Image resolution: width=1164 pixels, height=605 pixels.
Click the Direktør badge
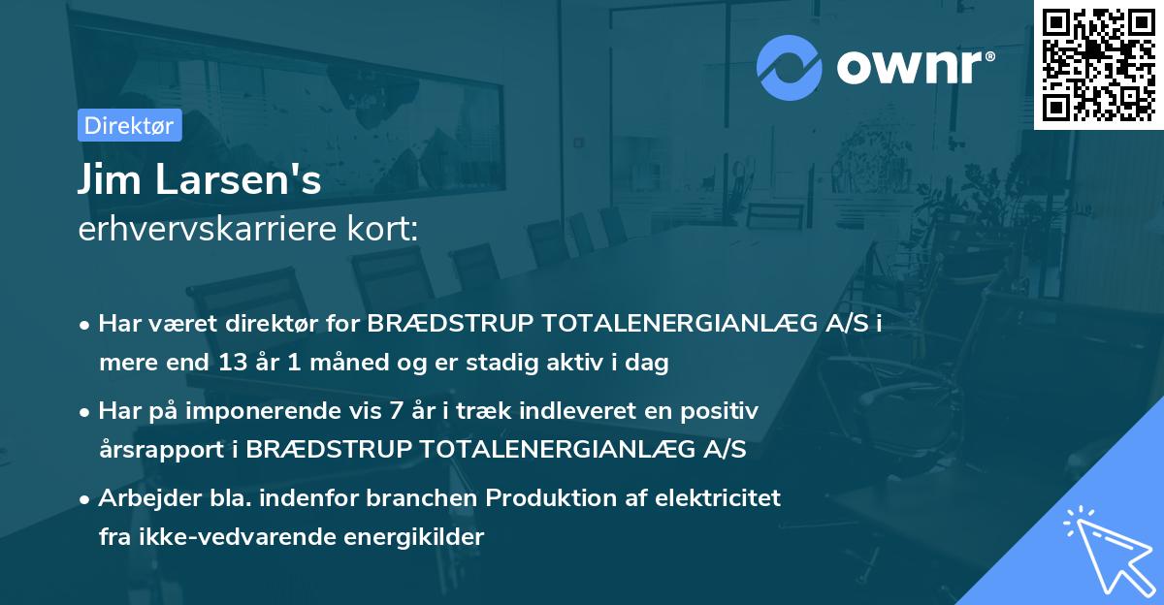[x=130, y=125]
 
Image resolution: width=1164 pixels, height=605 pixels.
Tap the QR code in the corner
[x=1098, y=64]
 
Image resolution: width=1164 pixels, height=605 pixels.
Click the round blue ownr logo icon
[x=790, y=68]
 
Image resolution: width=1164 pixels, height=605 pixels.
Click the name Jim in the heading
[x=109, y=178]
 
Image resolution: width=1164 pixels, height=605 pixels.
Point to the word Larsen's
[x=239, y=179]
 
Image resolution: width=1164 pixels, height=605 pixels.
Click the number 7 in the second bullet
[x=396, y=411]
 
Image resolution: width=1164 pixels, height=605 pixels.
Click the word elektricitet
[x=718, y=498]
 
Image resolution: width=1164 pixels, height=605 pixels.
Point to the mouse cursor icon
[x=1109, y=552]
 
